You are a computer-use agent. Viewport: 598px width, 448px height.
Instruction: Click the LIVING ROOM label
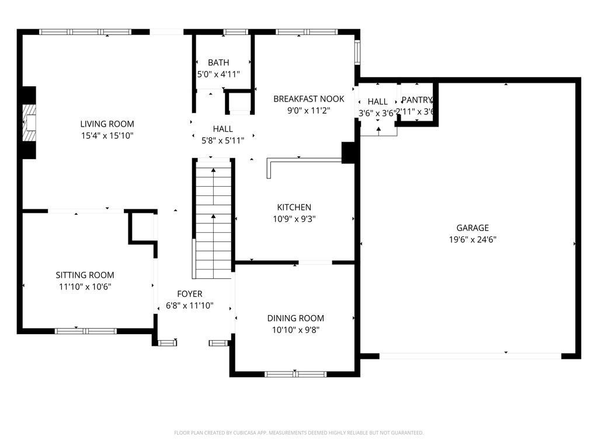tap(107, 124)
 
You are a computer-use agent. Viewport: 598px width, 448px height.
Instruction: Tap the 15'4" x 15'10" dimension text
tap(107, 135)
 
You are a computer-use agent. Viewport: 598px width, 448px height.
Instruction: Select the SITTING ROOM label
tap(85, 275)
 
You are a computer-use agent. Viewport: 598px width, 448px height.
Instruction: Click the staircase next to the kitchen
tap(213, 222)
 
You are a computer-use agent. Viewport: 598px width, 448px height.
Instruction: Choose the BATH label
tap(218, 62)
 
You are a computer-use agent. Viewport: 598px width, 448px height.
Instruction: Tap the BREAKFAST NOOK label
tap(309, 99)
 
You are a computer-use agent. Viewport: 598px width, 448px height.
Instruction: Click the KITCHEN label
tap(294, 207)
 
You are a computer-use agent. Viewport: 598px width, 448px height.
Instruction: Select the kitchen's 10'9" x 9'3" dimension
tap(294, 219)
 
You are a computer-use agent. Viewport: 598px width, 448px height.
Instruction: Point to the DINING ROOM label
tap(295, 318)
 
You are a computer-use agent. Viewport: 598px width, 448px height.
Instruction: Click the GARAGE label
tap(472, 228)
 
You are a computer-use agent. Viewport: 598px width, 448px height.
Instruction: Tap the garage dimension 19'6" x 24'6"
tap(472, 239)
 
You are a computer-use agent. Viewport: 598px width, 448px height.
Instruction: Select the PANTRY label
tap(417, 100)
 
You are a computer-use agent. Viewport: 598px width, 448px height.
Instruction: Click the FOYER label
tap(190, 293)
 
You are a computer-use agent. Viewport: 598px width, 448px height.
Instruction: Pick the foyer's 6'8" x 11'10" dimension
tap(190, 305)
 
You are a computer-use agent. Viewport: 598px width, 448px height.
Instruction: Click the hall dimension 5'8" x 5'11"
tap(222, 140)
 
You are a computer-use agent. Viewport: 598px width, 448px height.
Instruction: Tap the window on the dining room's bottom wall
tap(295, 373)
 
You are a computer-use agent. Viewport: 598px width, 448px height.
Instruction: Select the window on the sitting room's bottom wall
tap(86, 331)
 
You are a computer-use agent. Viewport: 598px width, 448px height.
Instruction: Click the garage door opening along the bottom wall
tap(471, 355)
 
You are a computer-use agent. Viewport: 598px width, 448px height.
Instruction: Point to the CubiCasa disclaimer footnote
tap(298, 433)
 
